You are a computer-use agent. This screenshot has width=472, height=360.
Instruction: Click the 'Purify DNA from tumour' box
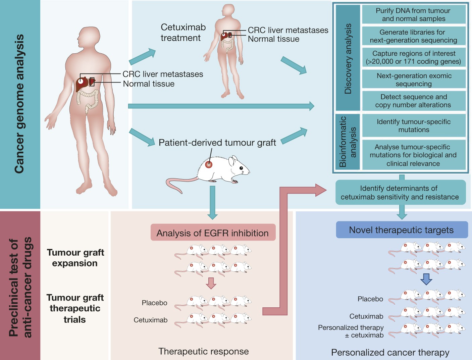(413, 14)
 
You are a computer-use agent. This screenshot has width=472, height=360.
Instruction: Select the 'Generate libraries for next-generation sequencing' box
(413, 36)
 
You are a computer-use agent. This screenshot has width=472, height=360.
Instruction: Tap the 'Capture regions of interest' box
(413, 57)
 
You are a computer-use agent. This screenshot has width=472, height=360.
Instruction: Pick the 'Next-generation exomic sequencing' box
(413, 80)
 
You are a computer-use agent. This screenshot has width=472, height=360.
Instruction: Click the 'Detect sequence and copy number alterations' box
(413, 101)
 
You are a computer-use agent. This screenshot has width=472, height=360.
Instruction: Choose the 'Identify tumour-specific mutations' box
(413, 125)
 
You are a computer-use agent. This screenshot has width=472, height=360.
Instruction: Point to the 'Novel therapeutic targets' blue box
(402, 230)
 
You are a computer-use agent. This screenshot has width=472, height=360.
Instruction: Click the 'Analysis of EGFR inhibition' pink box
(213, 233)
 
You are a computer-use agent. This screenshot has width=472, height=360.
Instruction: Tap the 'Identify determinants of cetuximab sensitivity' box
(400, 193)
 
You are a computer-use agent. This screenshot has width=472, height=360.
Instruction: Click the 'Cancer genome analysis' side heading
(19, 104)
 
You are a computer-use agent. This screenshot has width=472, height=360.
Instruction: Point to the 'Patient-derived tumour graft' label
(217, 143)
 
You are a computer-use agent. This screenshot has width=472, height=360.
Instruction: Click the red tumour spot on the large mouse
(209, 164)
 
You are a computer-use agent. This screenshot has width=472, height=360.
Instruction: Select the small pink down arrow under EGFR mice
(211, 283)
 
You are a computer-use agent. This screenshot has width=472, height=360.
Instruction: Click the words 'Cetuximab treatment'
(183, 32)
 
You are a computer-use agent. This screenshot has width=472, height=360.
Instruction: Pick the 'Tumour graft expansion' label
(75, 258)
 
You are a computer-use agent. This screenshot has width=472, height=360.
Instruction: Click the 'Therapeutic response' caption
(204, 351)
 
